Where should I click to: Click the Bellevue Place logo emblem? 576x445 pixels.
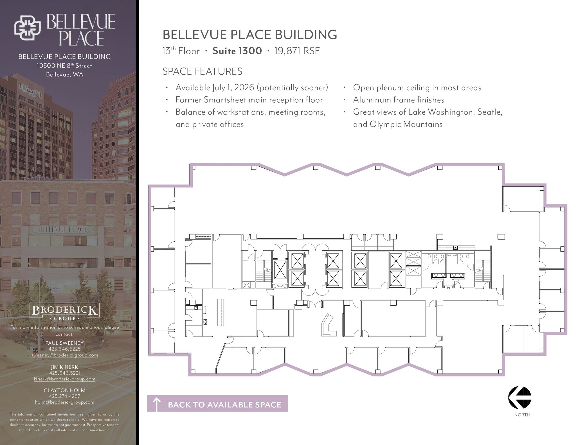pyautogui.click(x=28, y=28)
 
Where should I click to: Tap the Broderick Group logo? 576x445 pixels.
pyautogui.click(x=64, y=311)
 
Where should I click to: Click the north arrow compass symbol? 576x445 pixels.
pyautogui.click(x=519, y=397)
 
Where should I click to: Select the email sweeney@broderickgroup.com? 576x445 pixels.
pyautogui.click(x=64, y=355)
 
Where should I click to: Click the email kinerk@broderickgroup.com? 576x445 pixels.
pyautogui.click(x=64, y=379)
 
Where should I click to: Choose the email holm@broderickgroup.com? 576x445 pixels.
pyautogui.click(x=64, y=402)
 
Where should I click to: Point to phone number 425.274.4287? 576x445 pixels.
pyautogui.click(x=64, y=396)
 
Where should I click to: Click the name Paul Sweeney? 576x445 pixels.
pyautogui.click(x=64, y=343)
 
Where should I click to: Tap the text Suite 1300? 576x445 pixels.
pyautogui.click(x=237, y=51)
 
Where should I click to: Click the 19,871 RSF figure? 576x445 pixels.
pyautogui.click(x=297, y=51)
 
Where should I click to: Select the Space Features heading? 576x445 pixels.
pyautogui.click(x=202, y=71)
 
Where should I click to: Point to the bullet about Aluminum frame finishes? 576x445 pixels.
pyautogui.click(x=399, y=100)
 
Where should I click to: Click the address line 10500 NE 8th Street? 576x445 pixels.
pyautogui.click(x=64, y=66)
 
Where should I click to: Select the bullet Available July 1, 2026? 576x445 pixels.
pyautogui.click(x=252, y=88)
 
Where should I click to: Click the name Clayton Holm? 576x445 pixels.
pyautogui.click(x=64, y=390)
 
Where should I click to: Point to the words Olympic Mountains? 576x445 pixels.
pyautogui.click(x=406, y=124)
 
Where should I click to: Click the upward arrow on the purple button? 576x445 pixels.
pyautogui.click(x=156, y=404)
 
